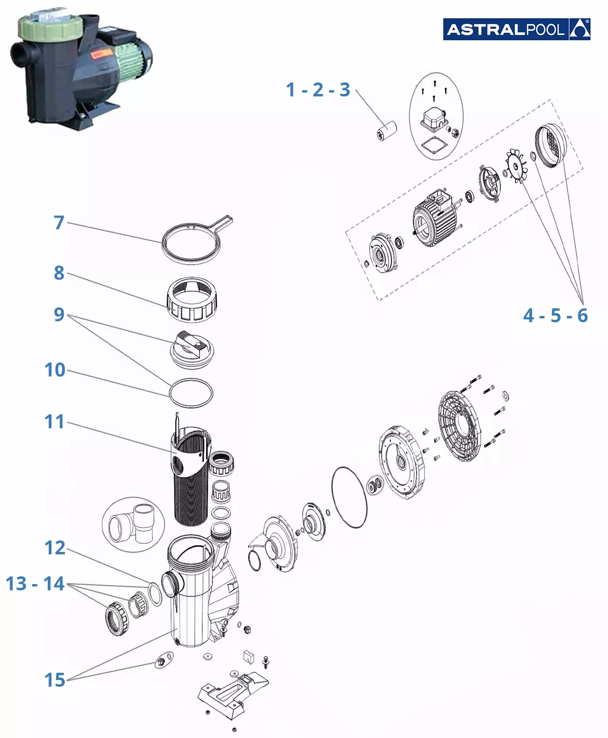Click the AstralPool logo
(516, 29)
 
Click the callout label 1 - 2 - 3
(318, 90)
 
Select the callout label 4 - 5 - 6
(555, 316)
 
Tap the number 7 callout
(59, 223)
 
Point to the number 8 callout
(59, 273)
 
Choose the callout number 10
(55, 370)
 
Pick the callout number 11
(54, 422)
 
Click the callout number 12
(55, 548)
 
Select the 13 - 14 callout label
(35, 584)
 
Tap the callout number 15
(55, 680)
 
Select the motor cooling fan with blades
(516, 166)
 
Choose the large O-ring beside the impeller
(349, 497)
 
